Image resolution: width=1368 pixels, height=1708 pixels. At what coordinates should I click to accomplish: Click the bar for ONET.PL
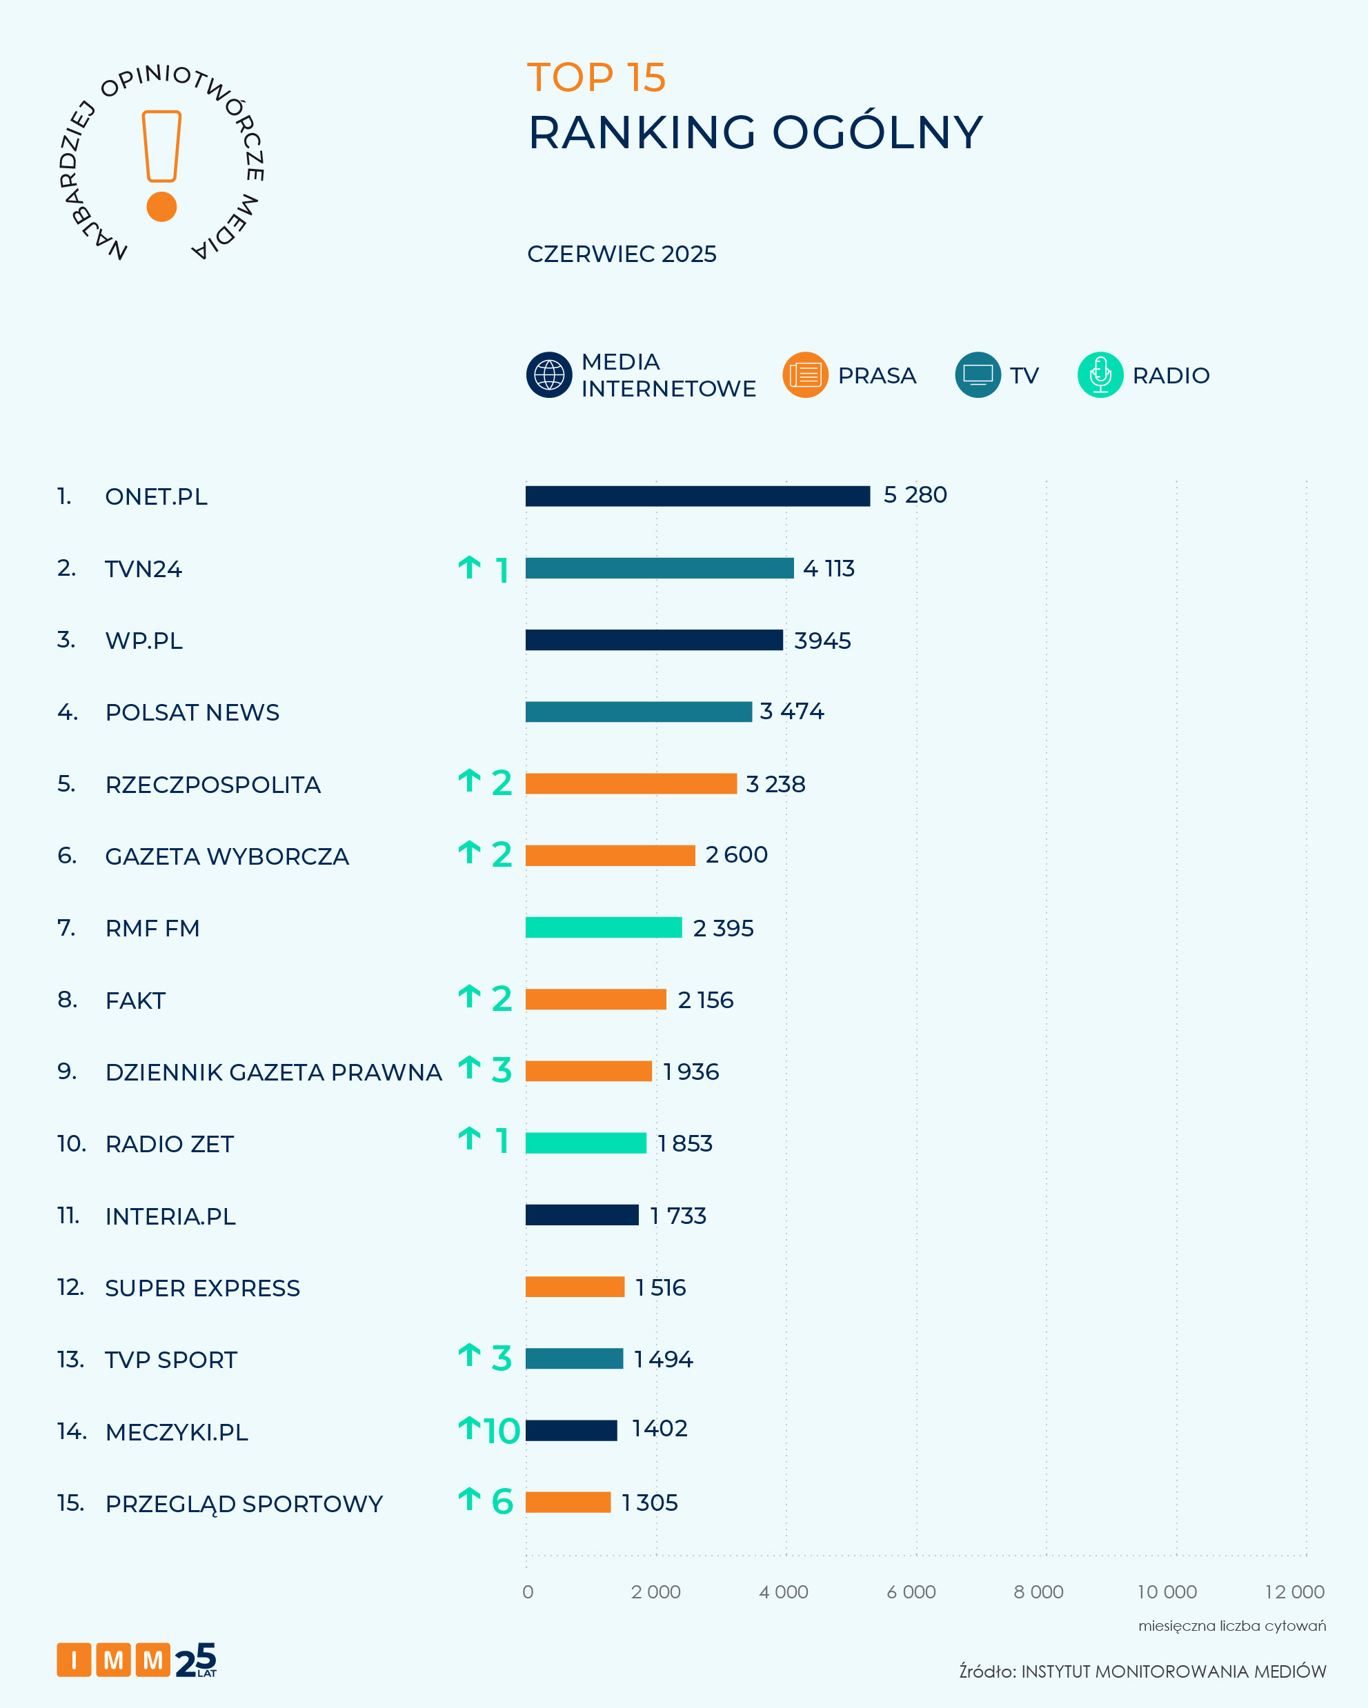(697, 496)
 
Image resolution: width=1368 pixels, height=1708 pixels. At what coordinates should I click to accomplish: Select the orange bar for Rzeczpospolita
(631, 783)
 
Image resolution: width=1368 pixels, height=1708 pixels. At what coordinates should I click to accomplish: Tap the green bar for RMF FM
(603, 927)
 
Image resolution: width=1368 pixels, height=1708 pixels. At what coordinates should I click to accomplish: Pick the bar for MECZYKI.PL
(571, 1431)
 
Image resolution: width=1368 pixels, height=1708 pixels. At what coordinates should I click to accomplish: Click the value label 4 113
(829, 568)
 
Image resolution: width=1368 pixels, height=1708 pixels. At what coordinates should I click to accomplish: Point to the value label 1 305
(649, 1503)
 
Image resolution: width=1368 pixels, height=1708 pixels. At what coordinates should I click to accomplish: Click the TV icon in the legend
(978, 374)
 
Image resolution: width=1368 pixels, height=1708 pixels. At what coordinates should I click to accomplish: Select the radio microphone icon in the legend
(1100, 374)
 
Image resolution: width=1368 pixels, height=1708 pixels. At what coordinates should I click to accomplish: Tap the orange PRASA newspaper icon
(805, 374)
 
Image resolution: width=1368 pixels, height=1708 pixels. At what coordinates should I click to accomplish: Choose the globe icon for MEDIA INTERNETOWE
(549, 374)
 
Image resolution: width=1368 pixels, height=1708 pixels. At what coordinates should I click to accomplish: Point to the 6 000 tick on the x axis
(911, 1591)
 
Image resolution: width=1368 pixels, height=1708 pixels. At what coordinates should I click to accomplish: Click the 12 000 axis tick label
(1294, 1591)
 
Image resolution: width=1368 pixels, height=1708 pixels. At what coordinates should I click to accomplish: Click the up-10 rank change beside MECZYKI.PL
(489, 1431)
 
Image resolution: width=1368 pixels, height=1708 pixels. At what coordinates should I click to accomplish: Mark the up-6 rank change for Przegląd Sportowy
(486, 1501)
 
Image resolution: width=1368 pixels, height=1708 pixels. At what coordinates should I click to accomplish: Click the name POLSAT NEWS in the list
(192, 712)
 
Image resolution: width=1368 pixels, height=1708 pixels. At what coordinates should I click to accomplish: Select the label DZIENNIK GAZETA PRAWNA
(273, 1072)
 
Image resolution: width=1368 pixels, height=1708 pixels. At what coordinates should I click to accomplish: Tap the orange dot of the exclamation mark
(161, 207)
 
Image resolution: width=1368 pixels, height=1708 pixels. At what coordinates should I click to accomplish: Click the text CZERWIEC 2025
(622, 254)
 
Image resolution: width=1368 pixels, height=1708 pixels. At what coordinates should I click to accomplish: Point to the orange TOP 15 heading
(596, 78)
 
